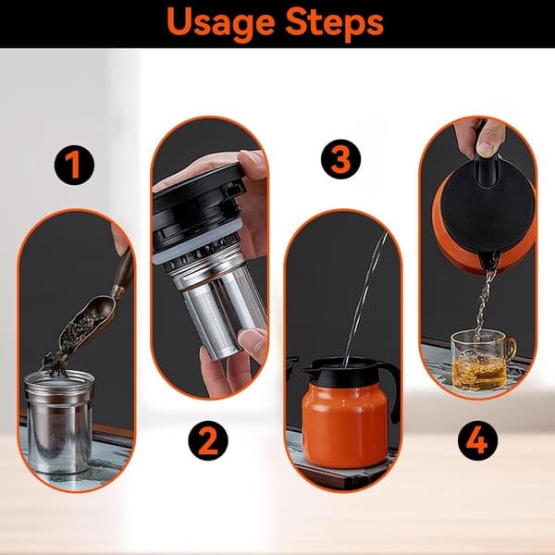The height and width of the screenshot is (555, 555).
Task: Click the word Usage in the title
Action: tap(221, 23)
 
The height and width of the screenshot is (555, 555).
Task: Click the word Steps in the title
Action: tap(335, 23)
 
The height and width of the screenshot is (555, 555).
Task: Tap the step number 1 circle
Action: tap(74, 165)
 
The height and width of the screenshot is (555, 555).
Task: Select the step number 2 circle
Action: tap(208, 440)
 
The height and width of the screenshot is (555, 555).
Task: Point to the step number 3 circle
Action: tap(340, 159)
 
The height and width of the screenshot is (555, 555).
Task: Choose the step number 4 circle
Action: tap(478, 440)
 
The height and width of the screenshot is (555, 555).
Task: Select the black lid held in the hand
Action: tap(198, 209)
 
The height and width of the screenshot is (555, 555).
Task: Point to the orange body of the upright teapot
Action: tap(344, 425)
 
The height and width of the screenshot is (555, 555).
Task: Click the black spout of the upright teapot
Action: tap(311, 368)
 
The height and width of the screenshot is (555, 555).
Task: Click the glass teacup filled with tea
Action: tap(482, 361)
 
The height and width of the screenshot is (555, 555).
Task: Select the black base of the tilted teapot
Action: tap(487, 209)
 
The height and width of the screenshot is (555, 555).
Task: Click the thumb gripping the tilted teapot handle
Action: tap(490, 139)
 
